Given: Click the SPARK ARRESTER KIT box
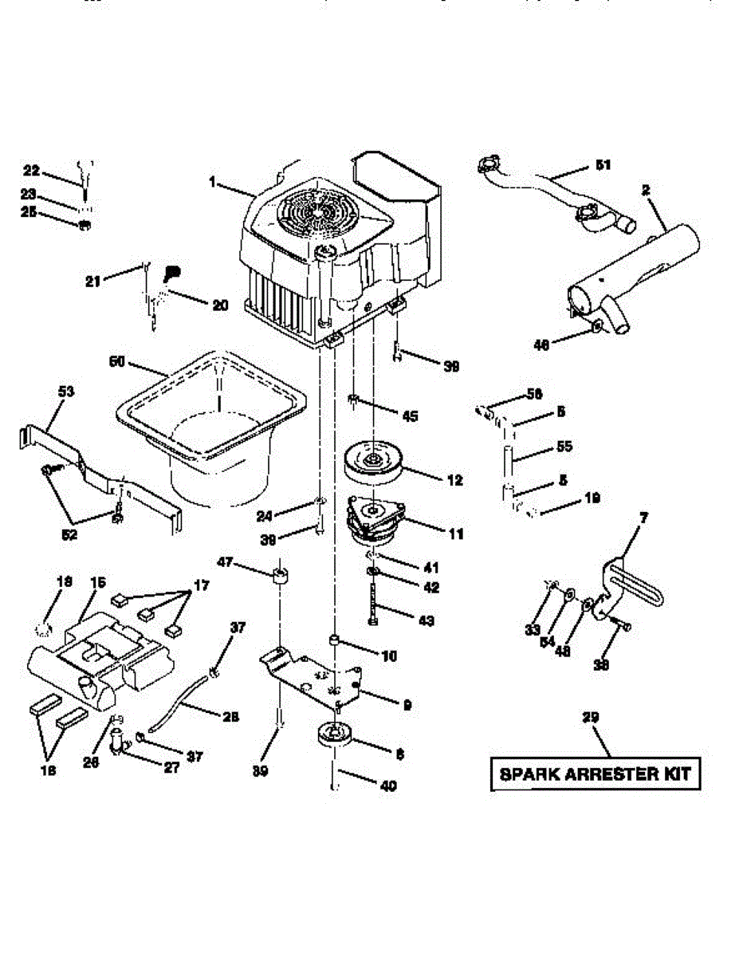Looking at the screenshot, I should [x=596, y=773].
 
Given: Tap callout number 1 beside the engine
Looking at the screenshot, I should [x=213, y=183].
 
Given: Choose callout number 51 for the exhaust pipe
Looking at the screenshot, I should [x=603, y=166].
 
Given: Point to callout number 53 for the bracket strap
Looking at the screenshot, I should [x=65, y=392].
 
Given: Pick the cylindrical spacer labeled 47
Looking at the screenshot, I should [x=280, y=576].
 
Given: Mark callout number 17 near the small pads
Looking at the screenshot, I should [x=201, y=586].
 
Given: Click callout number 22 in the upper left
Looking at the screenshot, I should [x=31, y=171].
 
